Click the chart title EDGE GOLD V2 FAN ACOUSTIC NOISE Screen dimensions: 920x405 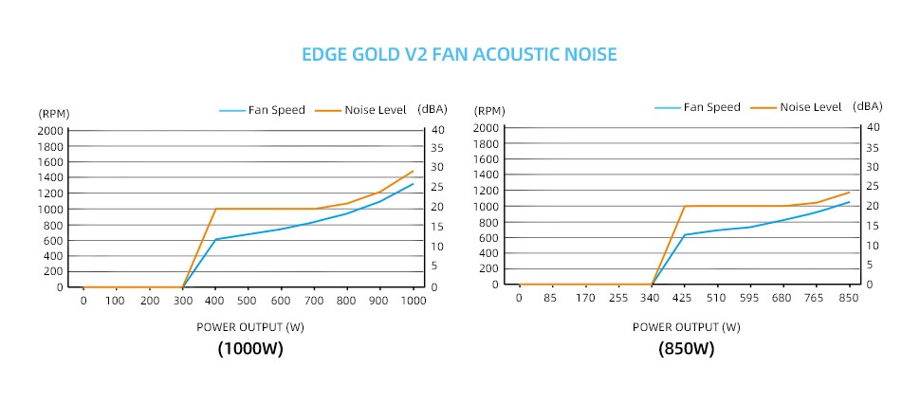[x=459, y=55]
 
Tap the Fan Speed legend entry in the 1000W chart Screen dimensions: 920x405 [x=263, y=110]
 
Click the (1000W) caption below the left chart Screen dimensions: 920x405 [x=250, y=349]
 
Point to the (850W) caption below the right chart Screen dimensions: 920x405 [x=686, y=349]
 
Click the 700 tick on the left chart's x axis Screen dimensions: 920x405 [x=314, y=301]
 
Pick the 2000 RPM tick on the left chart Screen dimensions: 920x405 [x=50, y=130]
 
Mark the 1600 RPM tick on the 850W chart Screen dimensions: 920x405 [x=487, y=159]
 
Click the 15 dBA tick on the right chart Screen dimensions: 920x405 [x=872, y=226]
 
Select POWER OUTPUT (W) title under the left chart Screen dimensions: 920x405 [x=250, y=327]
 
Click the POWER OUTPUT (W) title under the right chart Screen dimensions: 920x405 [x=686, y=327]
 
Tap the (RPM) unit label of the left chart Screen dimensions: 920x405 [x=53, y=113]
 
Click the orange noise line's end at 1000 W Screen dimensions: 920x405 [x=414, y=171]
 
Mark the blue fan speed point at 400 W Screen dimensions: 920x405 [x=216, y=239]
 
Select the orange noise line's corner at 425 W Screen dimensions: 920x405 [x=684, y=206]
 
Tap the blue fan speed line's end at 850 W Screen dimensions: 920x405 [x=849, y=202]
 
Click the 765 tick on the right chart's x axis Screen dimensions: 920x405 [x=817, y=298]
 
